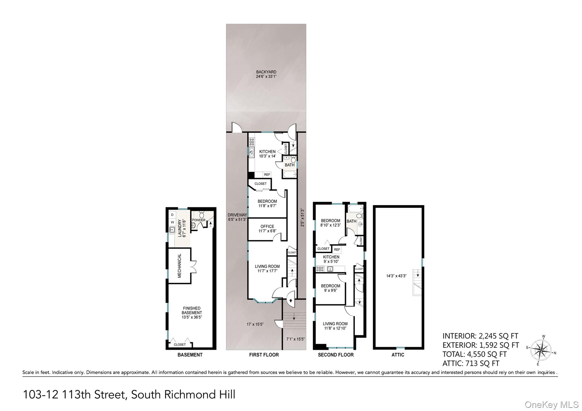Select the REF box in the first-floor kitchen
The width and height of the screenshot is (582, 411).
tap(267, 175)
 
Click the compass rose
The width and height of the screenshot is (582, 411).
tap(541, 350)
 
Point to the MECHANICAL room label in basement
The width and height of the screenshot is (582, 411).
tap(180, 266)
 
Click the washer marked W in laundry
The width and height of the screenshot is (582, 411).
tap(172, 222)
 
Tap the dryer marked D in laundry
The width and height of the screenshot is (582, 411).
tap(172, 215)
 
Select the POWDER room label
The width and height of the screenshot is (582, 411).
tap(198, 220)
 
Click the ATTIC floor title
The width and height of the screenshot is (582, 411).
tap(398, 355)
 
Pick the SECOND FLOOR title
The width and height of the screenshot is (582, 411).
tap(336, 355)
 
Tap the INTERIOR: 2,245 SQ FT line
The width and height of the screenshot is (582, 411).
tap(480, 336)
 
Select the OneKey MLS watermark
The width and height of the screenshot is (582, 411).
tap(551, 404)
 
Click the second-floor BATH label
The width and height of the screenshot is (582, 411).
tap(351, 221)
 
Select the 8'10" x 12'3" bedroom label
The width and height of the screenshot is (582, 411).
tap(330, 223)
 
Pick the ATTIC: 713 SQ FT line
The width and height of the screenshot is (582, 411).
tap(471, 363)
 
